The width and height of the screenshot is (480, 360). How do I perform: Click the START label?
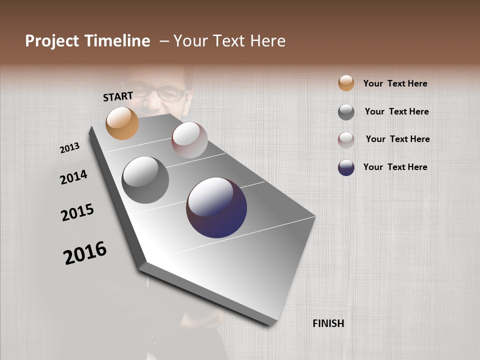(x=118, y=96)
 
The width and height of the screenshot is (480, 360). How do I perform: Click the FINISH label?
(x=328, y=323)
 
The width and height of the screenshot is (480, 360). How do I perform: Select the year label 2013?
(x=70, y=148)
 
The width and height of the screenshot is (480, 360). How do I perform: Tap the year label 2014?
(x=73, y=177)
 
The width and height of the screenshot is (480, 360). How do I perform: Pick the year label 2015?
(x=77, y=212)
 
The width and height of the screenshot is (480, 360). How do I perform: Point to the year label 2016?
(x=85, y=253)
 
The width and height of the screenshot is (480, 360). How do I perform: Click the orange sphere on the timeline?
(x=122, y=123)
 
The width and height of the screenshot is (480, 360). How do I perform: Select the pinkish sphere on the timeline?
(x=189, y=140)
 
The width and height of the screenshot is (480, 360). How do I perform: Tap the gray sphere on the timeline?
(x=145, y=180)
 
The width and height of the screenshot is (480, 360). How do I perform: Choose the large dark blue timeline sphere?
(x=216, y=207)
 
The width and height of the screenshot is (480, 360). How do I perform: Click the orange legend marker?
(x=346, y=83)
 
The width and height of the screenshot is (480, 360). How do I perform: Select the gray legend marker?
(x=346, y=112)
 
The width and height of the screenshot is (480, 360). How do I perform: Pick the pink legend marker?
(x=346, y=140)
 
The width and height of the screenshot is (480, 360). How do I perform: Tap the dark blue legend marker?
(x=346, y=167)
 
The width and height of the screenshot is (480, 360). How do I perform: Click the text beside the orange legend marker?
(x=395, y=83)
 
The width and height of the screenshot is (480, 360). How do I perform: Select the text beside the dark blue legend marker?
(x=395, y=167)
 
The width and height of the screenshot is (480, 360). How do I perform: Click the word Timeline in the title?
(x=118, y=41)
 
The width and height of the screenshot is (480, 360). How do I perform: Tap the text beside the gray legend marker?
(x=396, y=111)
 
